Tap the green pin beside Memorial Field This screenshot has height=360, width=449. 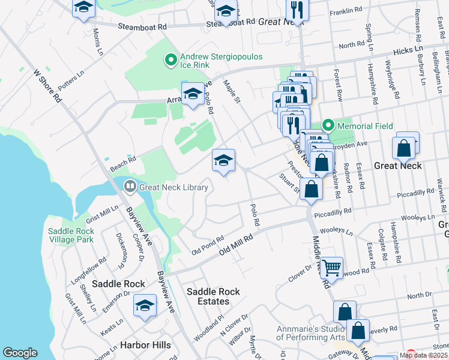pyautogui.click(x=328, y=126)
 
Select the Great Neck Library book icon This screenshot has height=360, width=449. pyautogui.click(x=130, y=187)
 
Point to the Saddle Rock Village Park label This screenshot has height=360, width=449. pyautogui.click(x=70, y=235)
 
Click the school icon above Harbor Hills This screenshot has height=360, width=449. pyautogui.click(x=145, y=306)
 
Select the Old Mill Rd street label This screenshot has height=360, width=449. pyautogui.click(x=236, y=244)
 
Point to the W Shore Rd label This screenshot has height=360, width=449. pyautogui.click(x=47, y=85)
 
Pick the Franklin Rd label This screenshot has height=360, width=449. pyautogui.click(x=346, y=11)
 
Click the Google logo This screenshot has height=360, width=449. pyautogui.click(x=20, y=352)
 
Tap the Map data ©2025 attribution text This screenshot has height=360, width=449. pyautogui.click(x=424, y=355)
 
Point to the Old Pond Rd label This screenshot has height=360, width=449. pyautogui.click(x=207, y=244)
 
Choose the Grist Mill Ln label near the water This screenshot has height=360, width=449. pyautogui.click(x=102, y=212)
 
